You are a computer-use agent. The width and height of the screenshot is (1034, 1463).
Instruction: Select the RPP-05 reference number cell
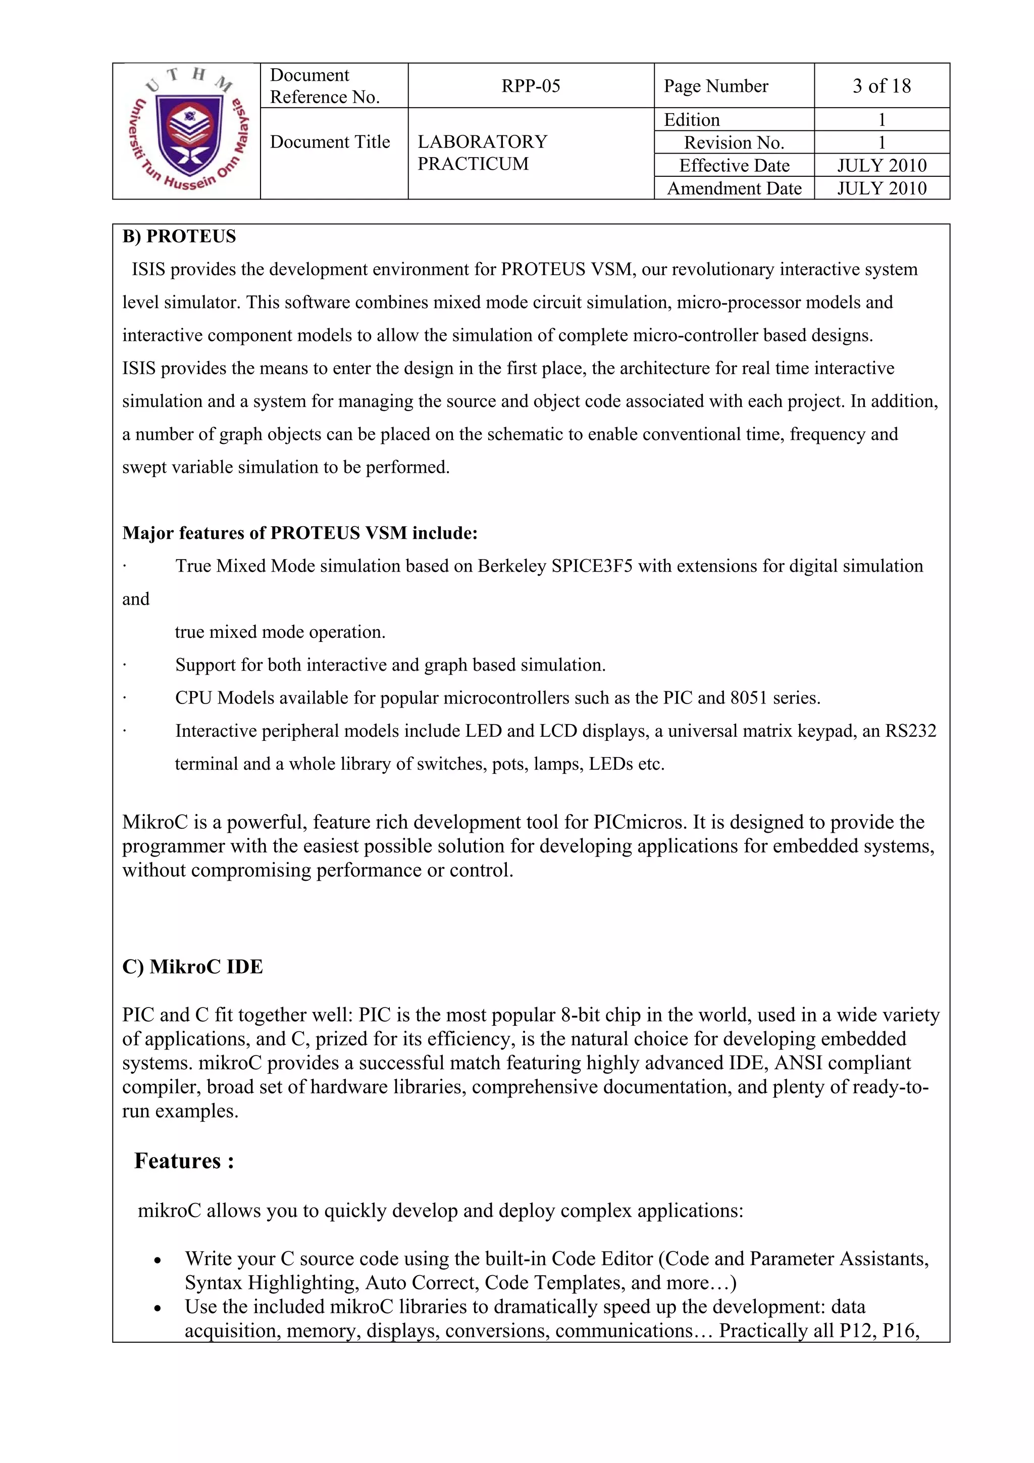530,86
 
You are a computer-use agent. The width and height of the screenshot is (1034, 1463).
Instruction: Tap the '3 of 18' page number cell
881,86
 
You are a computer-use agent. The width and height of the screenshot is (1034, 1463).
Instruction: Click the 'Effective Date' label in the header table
734,166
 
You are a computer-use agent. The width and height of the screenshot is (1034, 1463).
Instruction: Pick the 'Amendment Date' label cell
734,188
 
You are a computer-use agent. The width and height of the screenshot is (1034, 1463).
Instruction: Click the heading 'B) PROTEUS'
179,236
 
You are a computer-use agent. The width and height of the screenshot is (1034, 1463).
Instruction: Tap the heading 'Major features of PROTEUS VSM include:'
299,533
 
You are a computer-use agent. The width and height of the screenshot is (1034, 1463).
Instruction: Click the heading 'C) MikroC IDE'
192,967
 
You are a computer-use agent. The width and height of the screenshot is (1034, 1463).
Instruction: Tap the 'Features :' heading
184,1161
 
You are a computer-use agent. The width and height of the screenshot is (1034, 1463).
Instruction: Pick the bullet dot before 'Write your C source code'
158,1261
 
